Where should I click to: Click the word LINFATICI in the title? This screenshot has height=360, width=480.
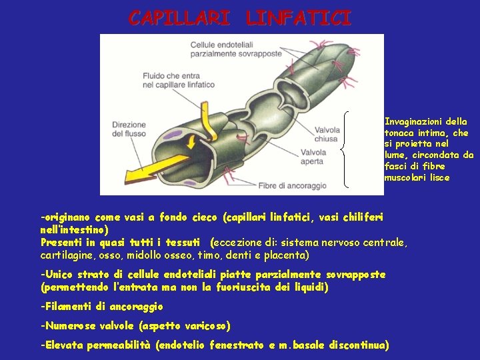tap(297, 18)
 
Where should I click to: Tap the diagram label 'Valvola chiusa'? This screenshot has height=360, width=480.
tap(326, 135)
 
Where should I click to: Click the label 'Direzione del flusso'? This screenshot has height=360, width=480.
tap(129, 129)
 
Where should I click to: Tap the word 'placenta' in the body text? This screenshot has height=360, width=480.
tap(290, 255)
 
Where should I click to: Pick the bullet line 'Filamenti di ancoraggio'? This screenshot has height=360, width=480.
tap(102, 307)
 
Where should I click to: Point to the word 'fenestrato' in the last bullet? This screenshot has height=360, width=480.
tap(241, 345)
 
